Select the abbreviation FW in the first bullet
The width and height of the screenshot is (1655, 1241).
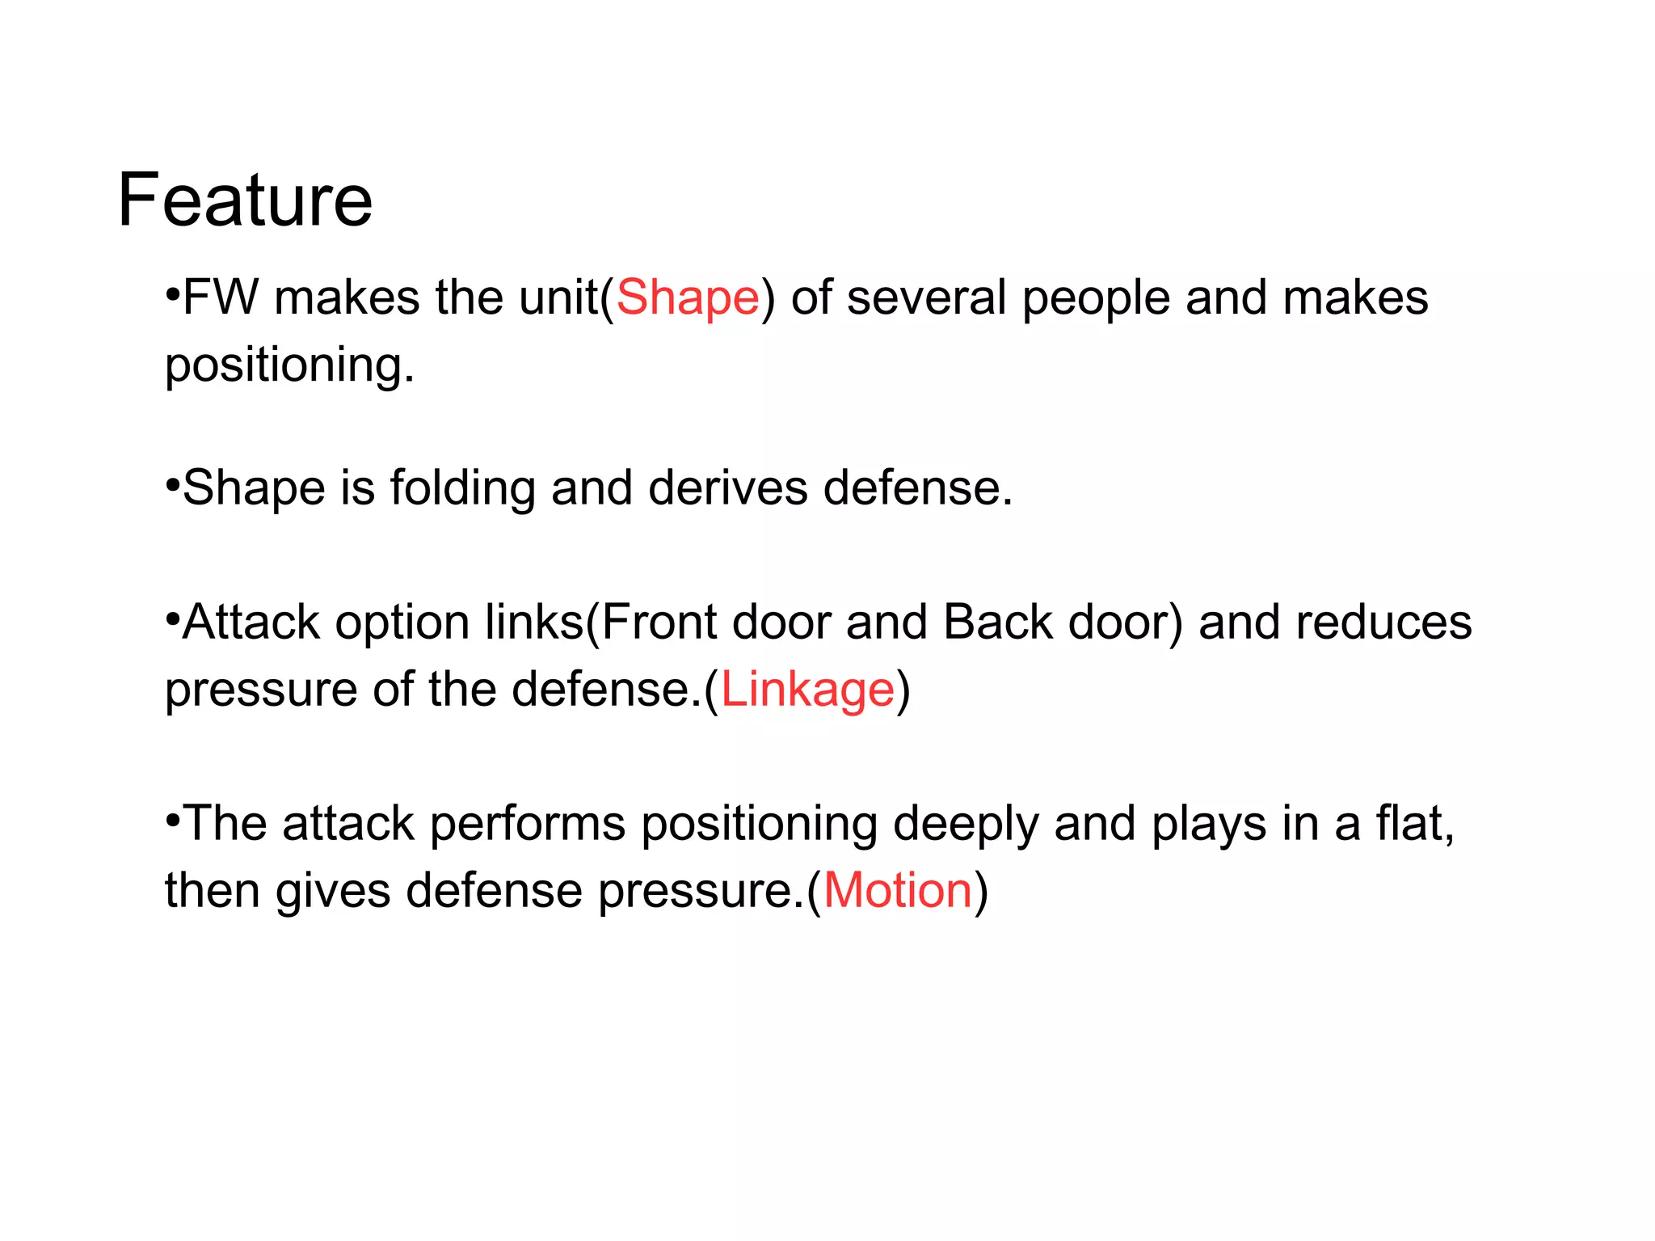(221, 298)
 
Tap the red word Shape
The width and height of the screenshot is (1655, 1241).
(688, 298)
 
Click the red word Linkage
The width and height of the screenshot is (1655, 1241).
(807, 690)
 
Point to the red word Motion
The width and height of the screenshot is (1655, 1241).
(897, 891)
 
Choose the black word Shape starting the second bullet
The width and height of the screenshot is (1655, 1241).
(254, 488)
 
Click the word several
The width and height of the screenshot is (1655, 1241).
(926, 298)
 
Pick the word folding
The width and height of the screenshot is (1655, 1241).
(463, 488)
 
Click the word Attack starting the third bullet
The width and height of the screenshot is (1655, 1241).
(251, 623)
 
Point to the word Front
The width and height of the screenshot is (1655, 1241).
(659, 623)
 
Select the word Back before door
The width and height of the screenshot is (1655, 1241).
(997, 623)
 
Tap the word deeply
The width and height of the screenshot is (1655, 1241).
(966, 825)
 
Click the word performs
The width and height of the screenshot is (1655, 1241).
(528, 825)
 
